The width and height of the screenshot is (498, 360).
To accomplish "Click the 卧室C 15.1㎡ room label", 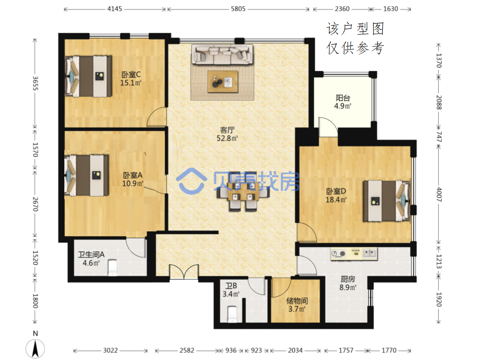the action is pos(131,79).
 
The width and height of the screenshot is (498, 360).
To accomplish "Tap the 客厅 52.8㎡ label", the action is pos(227,134).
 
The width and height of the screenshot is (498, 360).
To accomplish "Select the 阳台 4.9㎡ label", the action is pos(343,102).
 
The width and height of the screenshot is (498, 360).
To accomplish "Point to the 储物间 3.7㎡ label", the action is pos(297,305).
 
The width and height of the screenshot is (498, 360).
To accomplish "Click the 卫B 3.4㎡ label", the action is pos(231,290).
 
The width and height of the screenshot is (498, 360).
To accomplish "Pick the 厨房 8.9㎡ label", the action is pos(348,283).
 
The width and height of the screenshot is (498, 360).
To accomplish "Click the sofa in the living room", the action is pos(222,54).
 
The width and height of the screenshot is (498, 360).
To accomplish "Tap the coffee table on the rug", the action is pos(222,81).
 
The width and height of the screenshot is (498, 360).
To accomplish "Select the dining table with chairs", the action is pos(243,191).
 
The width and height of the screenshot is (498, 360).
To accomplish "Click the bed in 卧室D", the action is pos(387,201).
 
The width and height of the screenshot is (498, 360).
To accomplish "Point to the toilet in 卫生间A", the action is pos(112,268).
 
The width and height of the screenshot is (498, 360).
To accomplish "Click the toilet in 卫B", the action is pos(232,314).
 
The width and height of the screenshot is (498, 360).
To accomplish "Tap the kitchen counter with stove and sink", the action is pos(354,254).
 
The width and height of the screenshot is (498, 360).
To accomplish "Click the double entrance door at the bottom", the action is pos(184,271).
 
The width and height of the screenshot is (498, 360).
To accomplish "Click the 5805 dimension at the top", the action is pos(238,9).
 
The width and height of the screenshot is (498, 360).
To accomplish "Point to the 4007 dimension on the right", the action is pos(439,194).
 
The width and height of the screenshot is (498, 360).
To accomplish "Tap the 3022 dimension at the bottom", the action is pos(110,350).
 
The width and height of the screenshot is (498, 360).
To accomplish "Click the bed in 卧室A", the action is pos(87,175).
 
